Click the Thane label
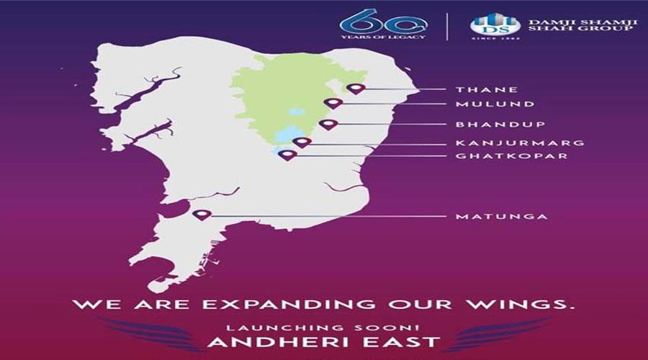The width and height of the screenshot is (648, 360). tap(487, 89)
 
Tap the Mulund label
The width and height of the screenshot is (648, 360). tap(495, 104)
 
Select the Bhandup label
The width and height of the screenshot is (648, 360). tap(500, 124)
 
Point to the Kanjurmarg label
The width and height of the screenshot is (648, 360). tap(520, 143)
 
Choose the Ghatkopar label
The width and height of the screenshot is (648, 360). tap(512, 156)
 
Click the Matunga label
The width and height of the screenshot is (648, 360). tap(501, 216)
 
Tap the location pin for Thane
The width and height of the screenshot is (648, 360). tap(356, 89)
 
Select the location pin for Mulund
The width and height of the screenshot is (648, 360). tap(333, 104)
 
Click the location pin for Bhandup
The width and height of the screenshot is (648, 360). tap(328, 125)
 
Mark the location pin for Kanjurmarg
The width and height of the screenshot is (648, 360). tap(302, 143)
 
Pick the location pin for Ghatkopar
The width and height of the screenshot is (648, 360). tap(287, 156)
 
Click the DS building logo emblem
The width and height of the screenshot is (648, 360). tap(495, 24)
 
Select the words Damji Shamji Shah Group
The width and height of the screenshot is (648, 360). tap(582, 24)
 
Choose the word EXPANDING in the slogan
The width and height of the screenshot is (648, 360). tap(289, 305)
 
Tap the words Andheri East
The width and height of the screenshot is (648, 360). tap(323, 342)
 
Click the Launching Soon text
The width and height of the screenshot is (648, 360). tap(323, 328)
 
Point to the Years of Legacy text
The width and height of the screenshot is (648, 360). tap(383, 37)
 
